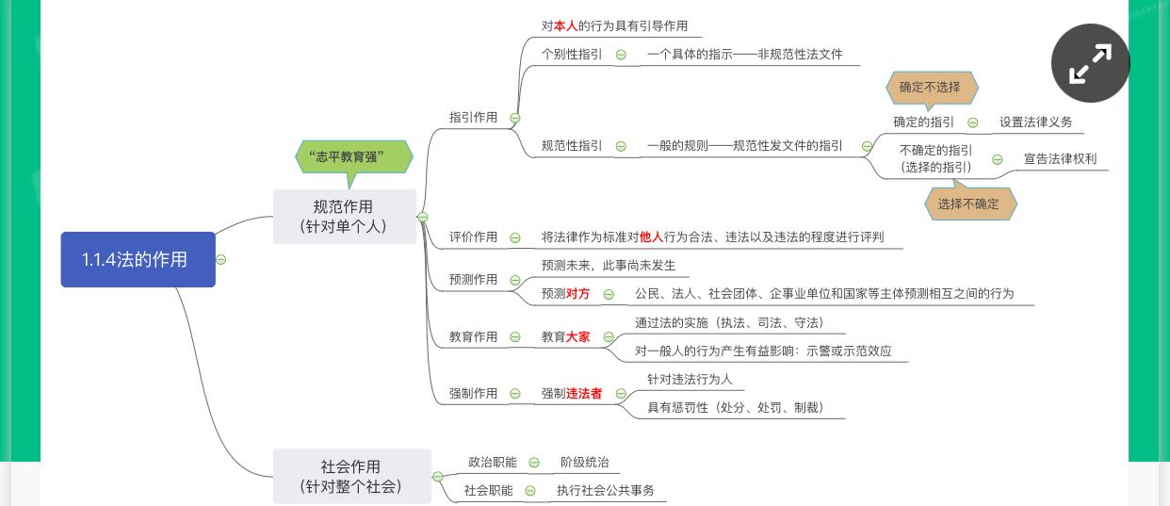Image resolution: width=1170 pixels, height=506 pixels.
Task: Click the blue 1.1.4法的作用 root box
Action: point(138,259)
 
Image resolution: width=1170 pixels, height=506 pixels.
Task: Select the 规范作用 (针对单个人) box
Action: point(345,217)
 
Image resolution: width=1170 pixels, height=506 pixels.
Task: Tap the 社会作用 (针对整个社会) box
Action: point(352,476)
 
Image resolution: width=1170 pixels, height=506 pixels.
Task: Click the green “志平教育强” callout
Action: point(353,157)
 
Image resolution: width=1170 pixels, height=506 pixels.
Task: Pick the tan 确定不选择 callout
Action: point(932,89)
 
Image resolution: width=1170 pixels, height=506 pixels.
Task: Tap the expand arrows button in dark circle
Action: point(1091,63)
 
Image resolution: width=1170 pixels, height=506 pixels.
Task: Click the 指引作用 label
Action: point(473,118)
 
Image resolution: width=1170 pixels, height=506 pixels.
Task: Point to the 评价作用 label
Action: point(473,237)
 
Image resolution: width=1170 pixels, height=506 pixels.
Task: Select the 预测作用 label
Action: point(473,279)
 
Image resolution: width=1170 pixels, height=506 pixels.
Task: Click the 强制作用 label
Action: point(473,393)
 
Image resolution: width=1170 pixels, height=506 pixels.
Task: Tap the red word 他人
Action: point(651,237)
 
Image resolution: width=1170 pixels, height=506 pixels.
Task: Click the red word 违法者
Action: point(584,393)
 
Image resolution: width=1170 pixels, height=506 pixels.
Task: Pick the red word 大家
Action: point(577,336)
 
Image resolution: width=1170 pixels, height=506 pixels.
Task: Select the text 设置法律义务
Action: point(1036,122)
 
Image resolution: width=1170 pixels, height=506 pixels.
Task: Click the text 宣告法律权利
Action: point(1061,158)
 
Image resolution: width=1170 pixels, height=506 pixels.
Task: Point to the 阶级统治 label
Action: point(585,462)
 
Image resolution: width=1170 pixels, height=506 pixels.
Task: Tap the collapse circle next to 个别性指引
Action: point(621,55)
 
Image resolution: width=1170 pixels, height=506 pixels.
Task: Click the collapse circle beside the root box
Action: point(221,259)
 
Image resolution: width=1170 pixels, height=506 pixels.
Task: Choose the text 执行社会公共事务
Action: point(606,490)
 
